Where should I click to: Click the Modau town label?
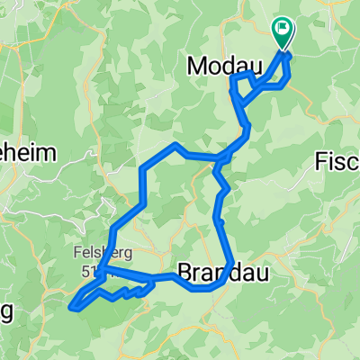click(223, 65)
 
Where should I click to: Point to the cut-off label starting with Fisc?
click(337, 161)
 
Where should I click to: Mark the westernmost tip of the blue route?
click(70, 307)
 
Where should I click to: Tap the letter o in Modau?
click(214, 65)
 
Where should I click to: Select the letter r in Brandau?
click(198, 271)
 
